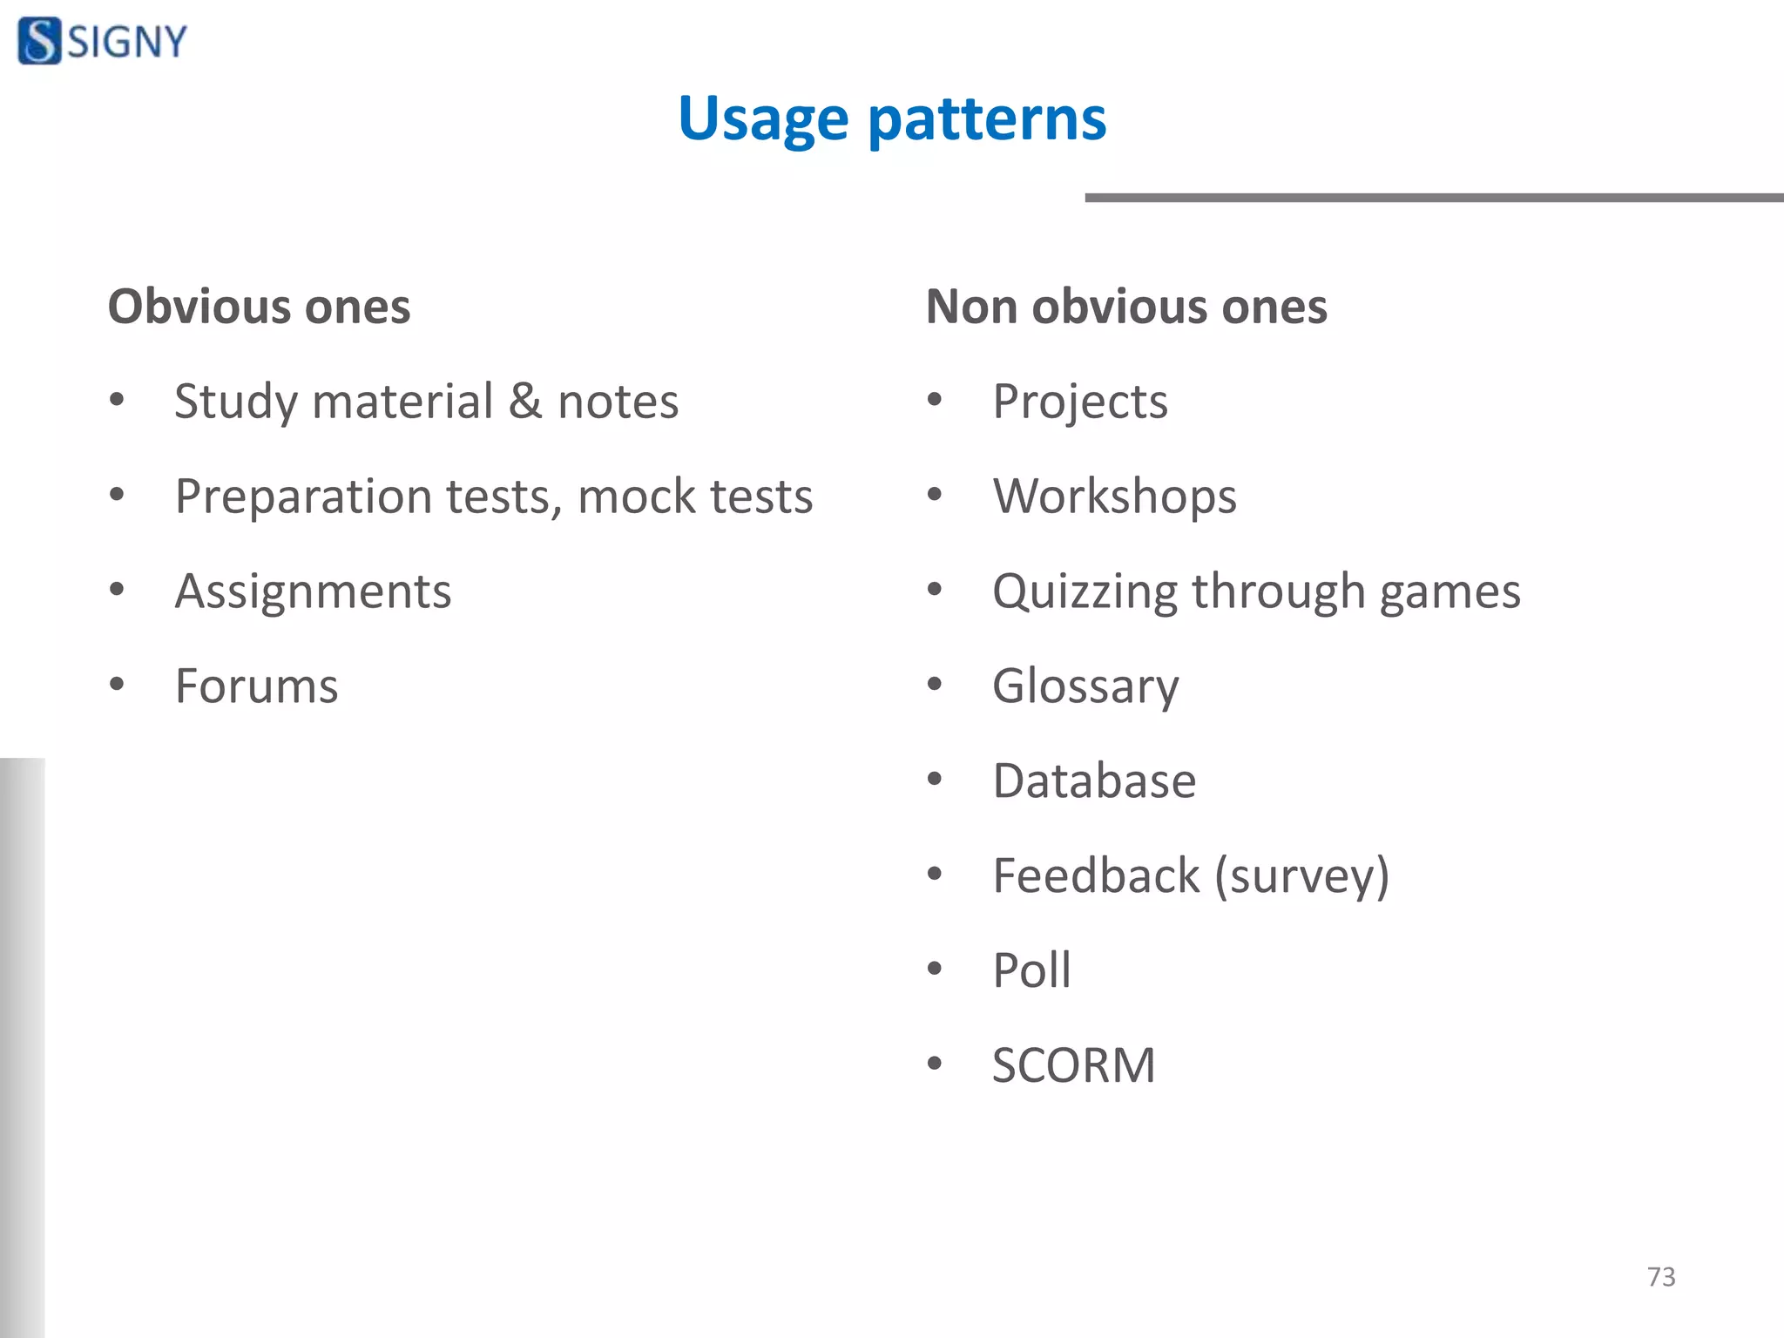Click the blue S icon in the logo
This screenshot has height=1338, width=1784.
point(39,41)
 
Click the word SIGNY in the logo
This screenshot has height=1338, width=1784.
point(127,42)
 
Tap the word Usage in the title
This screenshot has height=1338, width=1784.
point(763,118)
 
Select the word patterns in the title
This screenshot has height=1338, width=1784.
point(987,118)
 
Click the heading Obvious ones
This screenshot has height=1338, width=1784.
point(259,307)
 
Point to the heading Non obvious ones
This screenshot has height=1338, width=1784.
point(1125,307)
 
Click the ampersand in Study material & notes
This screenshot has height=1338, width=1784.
point(525,401)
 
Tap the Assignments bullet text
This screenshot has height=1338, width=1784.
point(313,591)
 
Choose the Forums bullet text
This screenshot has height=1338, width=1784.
point(256,686)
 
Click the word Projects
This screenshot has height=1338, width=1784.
point(1080,402)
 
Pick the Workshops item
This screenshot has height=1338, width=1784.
point(1114,497)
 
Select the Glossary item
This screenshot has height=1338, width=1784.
point(1085,686)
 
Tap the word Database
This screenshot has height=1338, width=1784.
point(1094,780)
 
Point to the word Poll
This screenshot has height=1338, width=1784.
point(1031,970)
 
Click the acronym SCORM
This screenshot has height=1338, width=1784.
point(1073,1065)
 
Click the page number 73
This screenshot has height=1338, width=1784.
point(1660,1277)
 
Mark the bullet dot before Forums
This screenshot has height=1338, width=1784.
point(117,685)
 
